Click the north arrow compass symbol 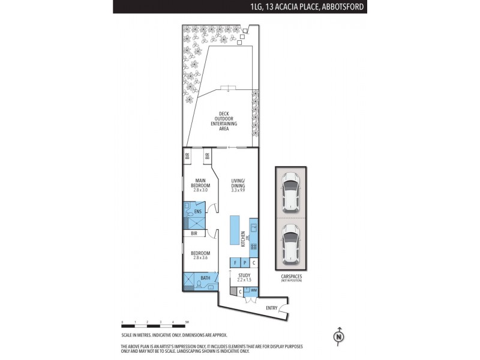pyautogui.click(x=339, y=337)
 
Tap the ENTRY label pyautogui.click(x=272, y=308)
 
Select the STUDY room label pyautogui.click(x=244, y=276)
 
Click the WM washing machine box pyautogui.click(x=254, y=291)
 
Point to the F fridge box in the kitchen pyautogui.click(x=235, y=263)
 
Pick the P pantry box pyautogui.click(x=244, y=263)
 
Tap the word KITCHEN pyautogui.click(x=243, y=238)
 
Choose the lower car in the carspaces pyautogui.click(x=290, y=242)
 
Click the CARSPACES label pyautogui.click(x=290, y=277)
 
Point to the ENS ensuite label pyautogui.click(x=197, y=211)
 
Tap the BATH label pyautogui.click(x=205, y=278)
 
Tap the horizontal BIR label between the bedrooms pyautogui.click(x=194, y=233)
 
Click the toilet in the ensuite pyautogui.click(x=190, y=213)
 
